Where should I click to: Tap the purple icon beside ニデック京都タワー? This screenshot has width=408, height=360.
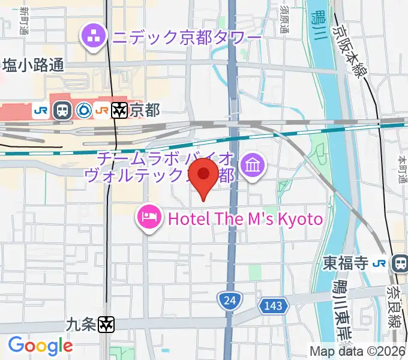(x=94, y=37)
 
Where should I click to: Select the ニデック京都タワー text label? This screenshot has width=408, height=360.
(x=185, y=38)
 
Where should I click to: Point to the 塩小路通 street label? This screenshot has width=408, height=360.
(x=34, y=65)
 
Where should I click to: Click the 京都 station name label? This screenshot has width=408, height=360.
(x=145, y=110)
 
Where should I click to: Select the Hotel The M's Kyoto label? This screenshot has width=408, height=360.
(x=245, y=218)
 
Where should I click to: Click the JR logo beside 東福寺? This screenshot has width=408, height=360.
(x=379, y=263)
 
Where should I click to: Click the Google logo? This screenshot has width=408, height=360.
(x=40, y=346)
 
